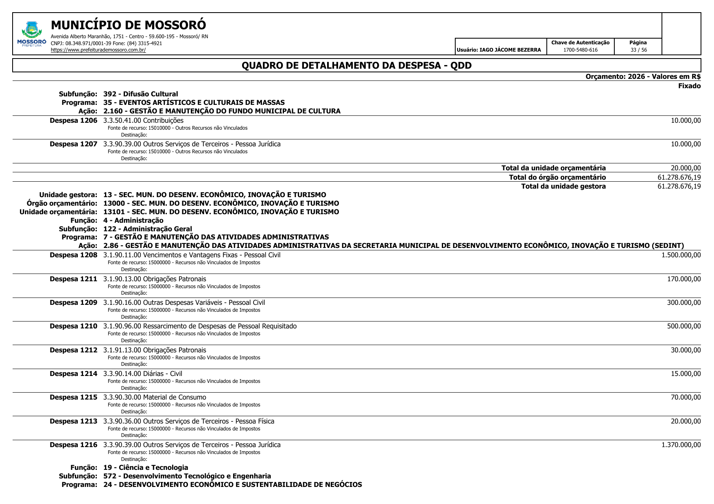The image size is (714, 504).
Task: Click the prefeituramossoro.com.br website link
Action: click(98, 50)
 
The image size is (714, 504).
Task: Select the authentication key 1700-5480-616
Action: click(580, 50)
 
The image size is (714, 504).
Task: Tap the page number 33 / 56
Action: click(638, 50)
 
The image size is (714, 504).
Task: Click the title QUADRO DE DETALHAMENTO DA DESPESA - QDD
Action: click(356, 65)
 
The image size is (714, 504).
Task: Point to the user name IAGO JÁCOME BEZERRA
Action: click(510, 50)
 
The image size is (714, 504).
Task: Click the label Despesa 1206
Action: click(74, 121)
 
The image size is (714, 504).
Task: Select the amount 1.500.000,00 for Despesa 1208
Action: click(681, 255)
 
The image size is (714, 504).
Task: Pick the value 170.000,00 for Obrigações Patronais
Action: click(683, 279)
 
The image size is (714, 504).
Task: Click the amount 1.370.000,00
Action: click(681, 445)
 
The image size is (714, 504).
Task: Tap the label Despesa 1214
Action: click(74, 374)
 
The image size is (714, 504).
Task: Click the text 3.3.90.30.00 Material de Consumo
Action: click(155, 398)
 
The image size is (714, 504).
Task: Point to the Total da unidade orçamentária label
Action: click(553, 168)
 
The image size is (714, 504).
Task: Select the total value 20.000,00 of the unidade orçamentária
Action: click(686, 168)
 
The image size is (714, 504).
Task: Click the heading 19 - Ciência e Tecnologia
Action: click(146, 468)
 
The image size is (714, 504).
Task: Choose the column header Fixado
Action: click(689, 86)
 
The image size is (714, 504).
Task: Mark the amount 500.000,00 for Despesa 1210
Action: click(683, 326)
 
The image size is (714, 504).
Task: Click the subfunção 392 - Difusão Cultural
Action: click(140, 94)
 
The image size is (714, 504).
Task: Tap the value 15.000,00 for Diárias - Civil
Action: click(686, 374)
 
